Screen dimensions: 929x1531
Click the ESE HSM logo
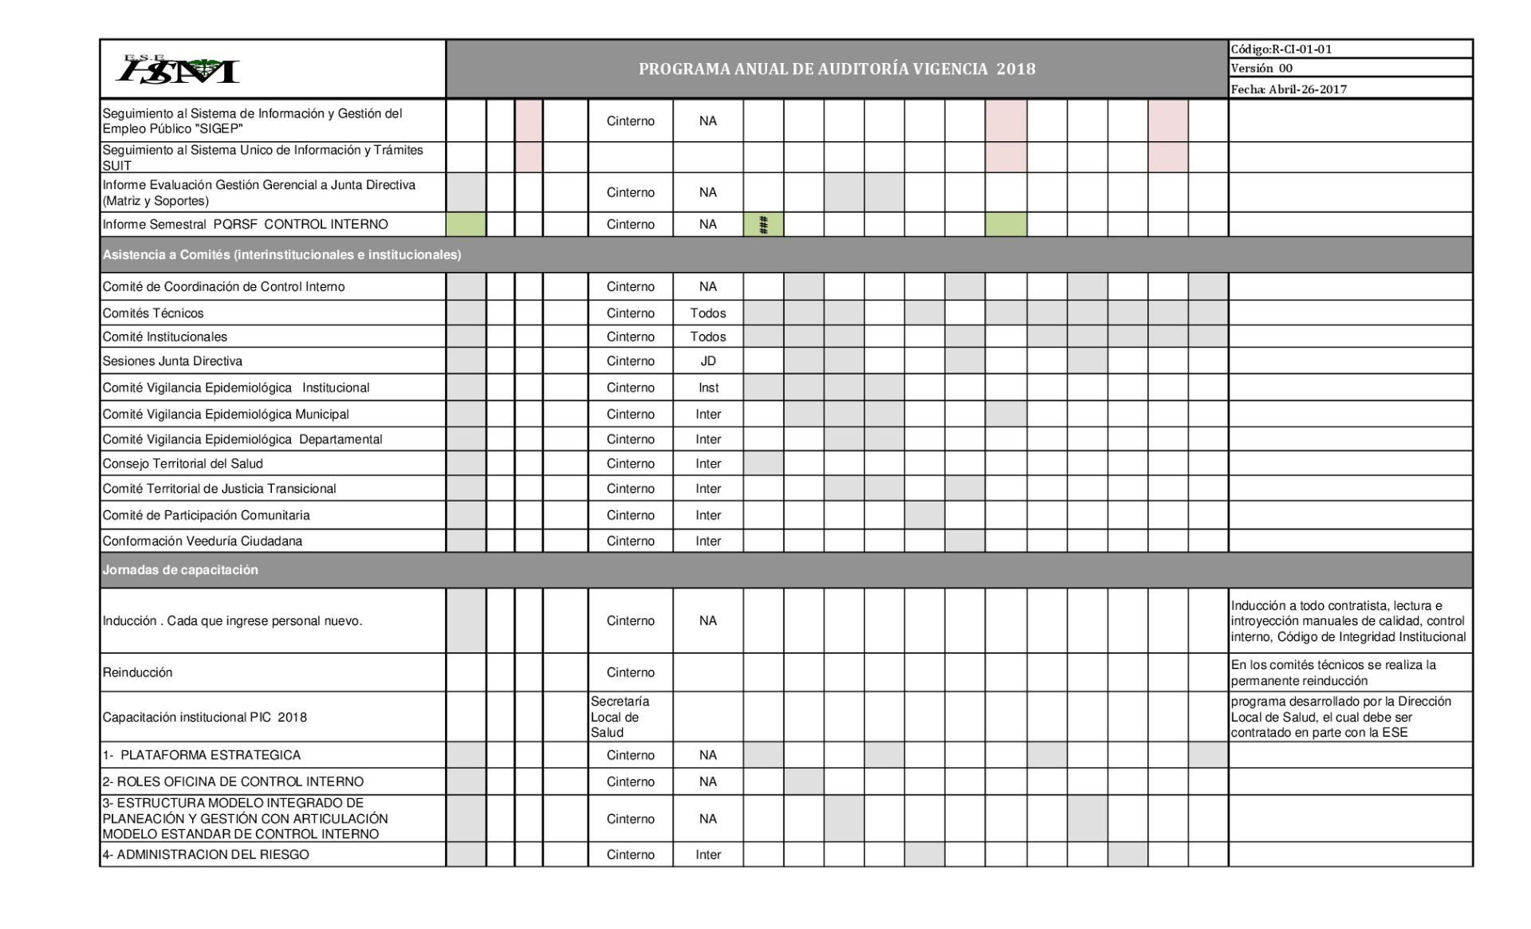pos(177,69)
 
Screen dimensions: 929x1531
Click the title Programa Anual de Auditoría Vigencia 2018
pos(836,69)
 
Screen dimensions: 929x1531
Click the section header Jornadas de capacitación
pos(180,570)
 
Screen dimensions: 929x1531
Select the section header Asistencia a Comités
pos(281,255)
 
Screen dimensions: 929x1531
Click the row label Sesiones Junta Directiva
pos(172,361)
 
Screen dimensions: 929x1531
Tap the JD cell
pos(707,361)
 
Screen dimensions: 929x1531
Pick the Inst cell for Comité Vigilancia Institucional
pos(707,388)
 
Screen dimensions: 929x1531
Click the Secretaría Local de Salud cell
pos(620,717)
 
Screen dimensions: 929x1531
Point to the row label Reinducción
pos(137,672)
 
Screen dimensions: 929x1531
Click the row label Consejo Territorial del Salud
pos(183,464)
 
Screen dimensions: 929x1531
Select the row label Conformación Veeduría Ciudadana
pos(203,541)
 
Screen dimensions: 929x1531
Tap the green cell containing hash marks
pos(763,225)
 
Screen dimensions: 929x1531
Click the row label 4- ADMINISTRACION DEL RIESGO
pos(205,855)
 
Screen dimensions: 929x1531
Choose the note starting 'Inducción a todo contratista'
pos(1348,621)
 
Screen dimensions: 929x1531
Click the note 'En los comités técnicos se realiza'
pos(1332,672)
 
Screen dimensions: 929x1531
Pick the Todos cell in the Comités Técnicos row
pos(707,313)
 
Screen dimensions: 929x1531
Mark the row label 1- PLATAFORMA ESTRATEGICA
pos(201,755)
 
